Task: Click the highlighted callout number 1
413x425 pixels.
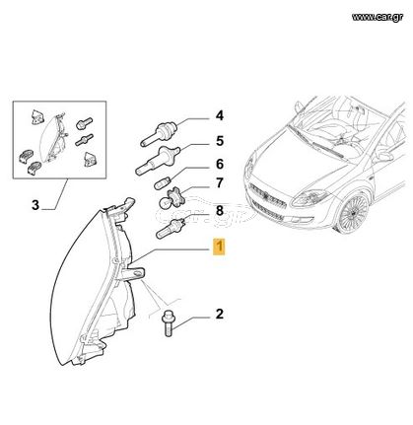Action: [219, 247]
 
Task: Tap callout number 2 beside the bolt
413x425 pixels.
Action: [220, 314]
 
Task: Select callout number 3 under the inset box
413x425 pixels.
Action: [35, 205]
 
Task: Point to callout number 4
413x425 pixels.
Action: [220, 115]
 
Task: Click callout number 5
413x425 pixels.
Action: [220, 141]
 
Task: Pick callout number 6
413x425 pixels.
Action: [220, 164]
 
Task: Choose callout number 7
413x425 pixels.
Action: [220, 183]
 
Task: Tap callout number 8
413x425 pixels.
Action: [220, 210]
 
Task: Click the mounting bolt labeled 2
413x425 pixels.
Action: [168, 322]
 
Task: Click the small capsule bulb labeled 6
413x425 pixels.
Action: [163, 182]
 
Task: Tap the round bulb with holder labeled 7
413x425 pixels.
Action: [172, 198]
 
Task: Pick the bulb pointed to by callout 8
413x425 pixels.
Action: [171, 229]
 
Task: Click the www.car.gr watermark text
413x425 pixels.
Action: [378, 18]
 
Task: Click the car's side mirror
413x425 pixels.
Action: [382, 156]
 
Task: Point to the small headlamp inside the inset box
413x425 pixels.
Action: [52, 139]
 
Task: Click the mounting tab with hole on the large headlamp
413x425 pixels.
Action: [134, 273]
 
